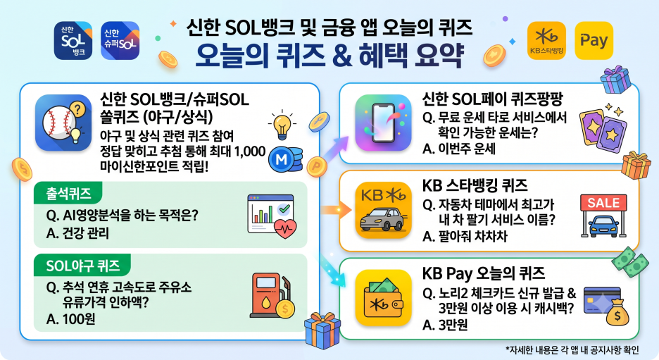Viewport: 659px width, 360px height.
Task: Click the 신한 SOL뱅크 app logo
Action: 73,40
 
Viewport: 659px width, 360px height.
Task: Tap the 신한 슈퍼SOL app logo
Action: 120,40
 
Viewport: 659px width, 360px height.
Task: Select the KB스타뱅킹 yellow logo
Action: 546,40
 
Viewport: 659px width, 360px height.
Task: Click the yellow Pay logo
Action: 594,40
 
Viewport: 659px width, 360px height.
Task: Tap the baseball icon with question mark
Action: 63,123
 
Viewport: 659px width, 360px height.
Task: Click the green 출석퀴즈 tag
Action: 68,194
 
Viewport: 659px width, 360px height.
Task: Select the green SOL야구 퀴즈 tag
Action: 82,266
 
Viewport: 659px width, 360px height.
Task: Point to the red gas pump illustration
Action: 272,295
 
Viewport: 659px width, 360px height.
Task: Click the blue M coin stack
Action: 285,159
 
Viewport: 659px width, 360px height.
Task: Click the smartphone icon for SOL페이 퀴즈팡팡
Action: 383,123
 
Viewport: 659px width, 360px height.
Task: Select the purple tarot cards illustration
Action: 603,128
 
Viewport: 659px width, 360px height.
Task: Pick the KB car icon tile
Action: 383,210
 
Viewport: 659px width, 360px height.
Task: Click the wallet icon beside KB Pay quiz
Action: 383,297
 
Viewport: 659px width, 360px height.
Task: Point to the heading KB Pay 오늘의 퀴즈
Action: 484,273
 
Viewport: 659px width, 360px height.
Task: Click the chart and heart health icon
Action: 272,216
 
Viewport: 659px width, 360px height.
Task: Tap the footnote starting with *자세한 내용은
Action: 572,350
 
